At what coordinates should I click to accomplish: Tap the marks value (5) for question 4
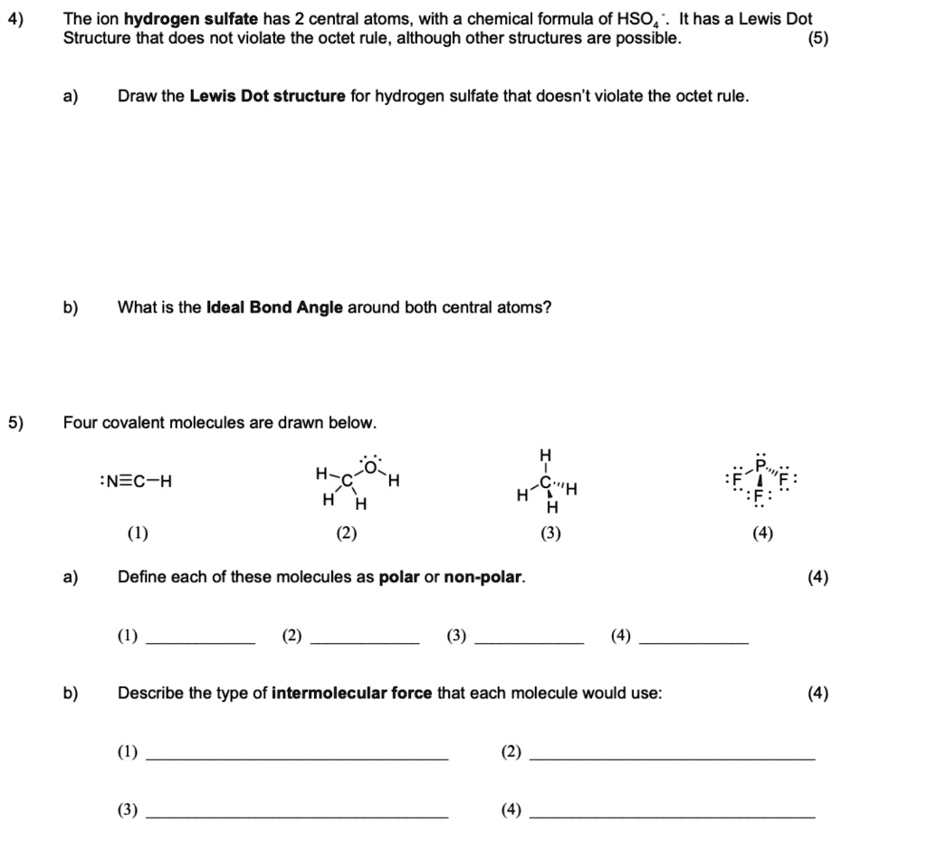click(x=818, y=39)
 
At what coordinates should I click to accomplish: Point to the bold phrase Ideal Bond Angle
click(x=275, y=307)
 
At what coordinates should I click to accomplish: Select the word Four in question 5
click(x=80, y=423)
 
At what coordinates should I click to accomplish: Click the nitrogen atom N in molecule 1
click(x=111, y=481)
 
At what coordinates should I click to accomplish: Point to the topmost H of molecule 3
click(x=545, y=454)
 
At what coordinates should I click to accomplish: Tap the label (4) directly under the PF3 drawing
click(x=762, y=533)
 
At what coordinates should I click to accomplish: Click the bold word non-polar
click(x=483, y=577)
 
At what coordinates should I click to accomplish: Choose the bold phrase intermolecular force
click(x=352, y=693)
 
